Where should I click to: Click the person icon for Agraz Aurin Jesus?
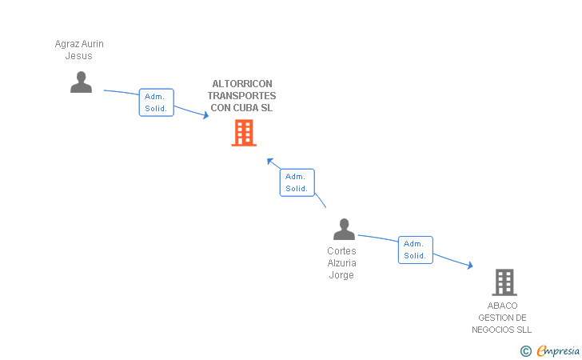click(x=81, y=82)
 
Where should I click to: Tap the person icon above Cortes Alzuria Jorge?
click(x=344, y=230)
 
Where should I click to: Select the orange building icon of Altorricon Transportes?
click(x=244, y=133)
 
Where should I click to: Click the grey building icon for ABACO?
click(x=504, y=282)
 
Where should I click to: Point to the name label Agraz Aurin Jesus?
click(x=79, y=50)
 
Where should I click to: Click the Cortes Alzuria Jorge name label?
click(x=341, y=263)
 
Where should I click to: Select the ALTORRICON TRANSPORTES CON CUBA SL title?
click(x=241, y=96)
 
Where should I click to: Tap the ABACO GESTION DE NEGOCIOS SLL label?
click(x=502, y=318)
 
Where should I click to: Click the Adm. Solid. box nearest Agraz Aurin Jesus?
click(x=156, y=102)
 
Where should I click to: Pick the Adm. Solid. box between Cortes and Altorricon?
click(x=297, y=182)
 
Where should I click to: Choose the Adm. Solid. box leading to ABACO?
click(x=415, y=250)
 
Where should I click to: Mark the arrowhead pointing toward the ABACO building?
click(x=469, y=266)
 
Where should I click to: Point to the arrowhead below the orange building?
click(x=270, y=160)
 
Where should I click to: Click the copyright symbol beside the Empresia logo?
click(x=525, y=350)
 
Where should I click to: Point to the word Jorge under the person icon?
click(x=341, y=275)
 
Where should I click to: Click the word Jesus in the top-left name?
click(x=79, y=56)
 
